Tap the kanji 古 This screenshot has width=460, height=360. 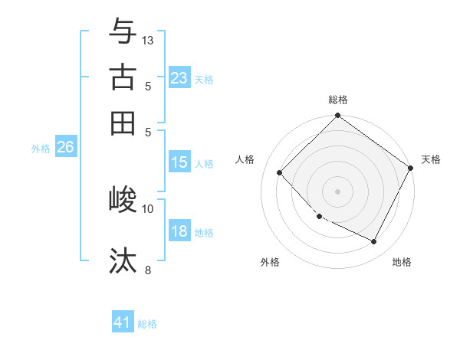pos(123,77)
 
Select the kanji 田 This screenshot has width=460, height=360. pos(123,123)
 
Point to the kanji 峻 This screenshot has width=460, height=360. pos(123,200)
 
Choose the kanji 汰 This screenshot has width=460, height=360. pos(123,260)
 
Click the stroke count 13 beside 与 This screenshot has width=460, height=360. pos(149,40)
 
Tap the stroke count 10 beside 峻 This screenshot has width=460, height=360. pos(148,208)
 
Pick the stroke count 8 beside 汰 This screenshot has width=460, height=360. pos(148,270)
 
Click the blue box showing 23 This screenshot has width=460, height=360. pos(179,78)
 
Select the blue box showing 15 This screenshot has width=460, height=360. pos(179,162)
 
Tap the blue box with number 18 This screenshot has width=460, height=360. pos(179,232)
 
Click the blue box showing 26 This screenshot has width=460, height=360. pos(65,148)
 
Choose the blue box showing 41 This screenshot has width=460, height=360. pos(123,322)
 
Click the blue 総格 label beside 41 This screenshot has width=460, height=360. pos(147,324)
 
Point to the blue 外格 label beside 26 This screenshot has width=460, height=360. pos(41,149)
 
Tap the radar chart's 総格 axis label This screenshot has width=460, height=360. pos(338,100)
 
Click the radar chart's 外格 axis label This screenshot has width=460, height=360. pos(270,262)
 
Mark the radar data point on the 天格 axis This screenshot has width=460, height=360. pos(410,168)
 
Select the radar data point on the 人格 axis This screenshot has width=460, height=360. pos(280,172)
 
